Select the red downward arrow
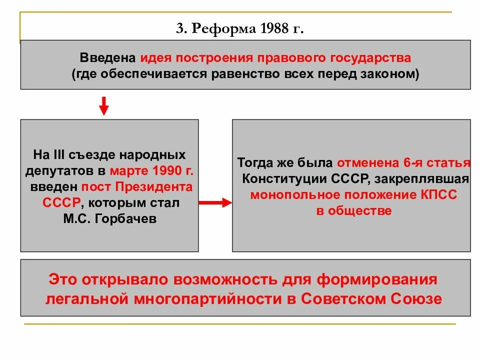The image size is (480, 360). pyautogui.click(x=103, y=105)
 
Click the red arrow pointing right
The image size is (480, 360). pyautogui.click(x=215, y=202)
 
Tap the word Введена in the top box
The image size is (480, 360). pyautogui.click(x=108, y=58)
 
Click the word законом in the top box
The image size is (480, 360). pyautogui.click(x=392, y=74)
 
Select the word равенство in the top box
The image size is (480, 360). pyautogui.click(x=241, y=74)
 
